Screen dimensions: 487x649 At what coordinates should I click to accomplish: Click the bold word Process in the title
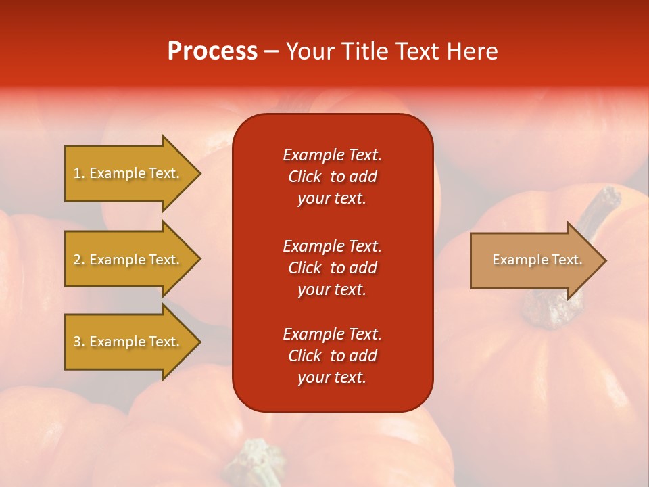212,51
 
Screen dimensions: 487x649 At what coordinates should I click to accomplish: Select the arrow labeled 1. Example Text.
128,173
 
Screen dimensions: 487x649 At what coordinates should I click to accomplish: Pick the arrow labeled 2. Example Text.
128,260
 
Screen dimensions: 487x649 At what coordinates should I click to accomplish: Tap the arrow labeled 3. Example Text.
128,342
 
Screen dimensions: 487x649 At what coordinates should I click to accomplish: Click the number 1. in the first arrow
78,173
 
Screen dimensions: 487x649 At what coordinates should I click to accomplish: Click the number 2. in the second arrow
78,260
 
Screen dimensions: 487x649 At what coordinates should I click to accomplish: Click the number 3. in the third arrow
78,342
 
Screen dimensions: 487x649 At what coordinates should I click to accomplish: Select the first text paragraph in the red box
332,177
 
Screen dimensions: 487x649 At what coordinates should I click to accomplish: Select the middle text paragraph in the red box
332,268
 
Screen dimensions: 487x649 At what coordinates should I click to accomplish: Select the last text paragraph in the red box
332,356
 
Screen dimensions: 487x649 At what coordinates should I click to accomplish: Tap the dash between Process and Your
271,51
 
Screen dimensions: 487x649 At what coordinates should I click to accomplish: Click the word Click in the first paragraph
304,177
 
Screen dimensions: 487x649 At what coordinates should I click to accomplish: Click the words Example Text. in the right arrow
537,260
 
